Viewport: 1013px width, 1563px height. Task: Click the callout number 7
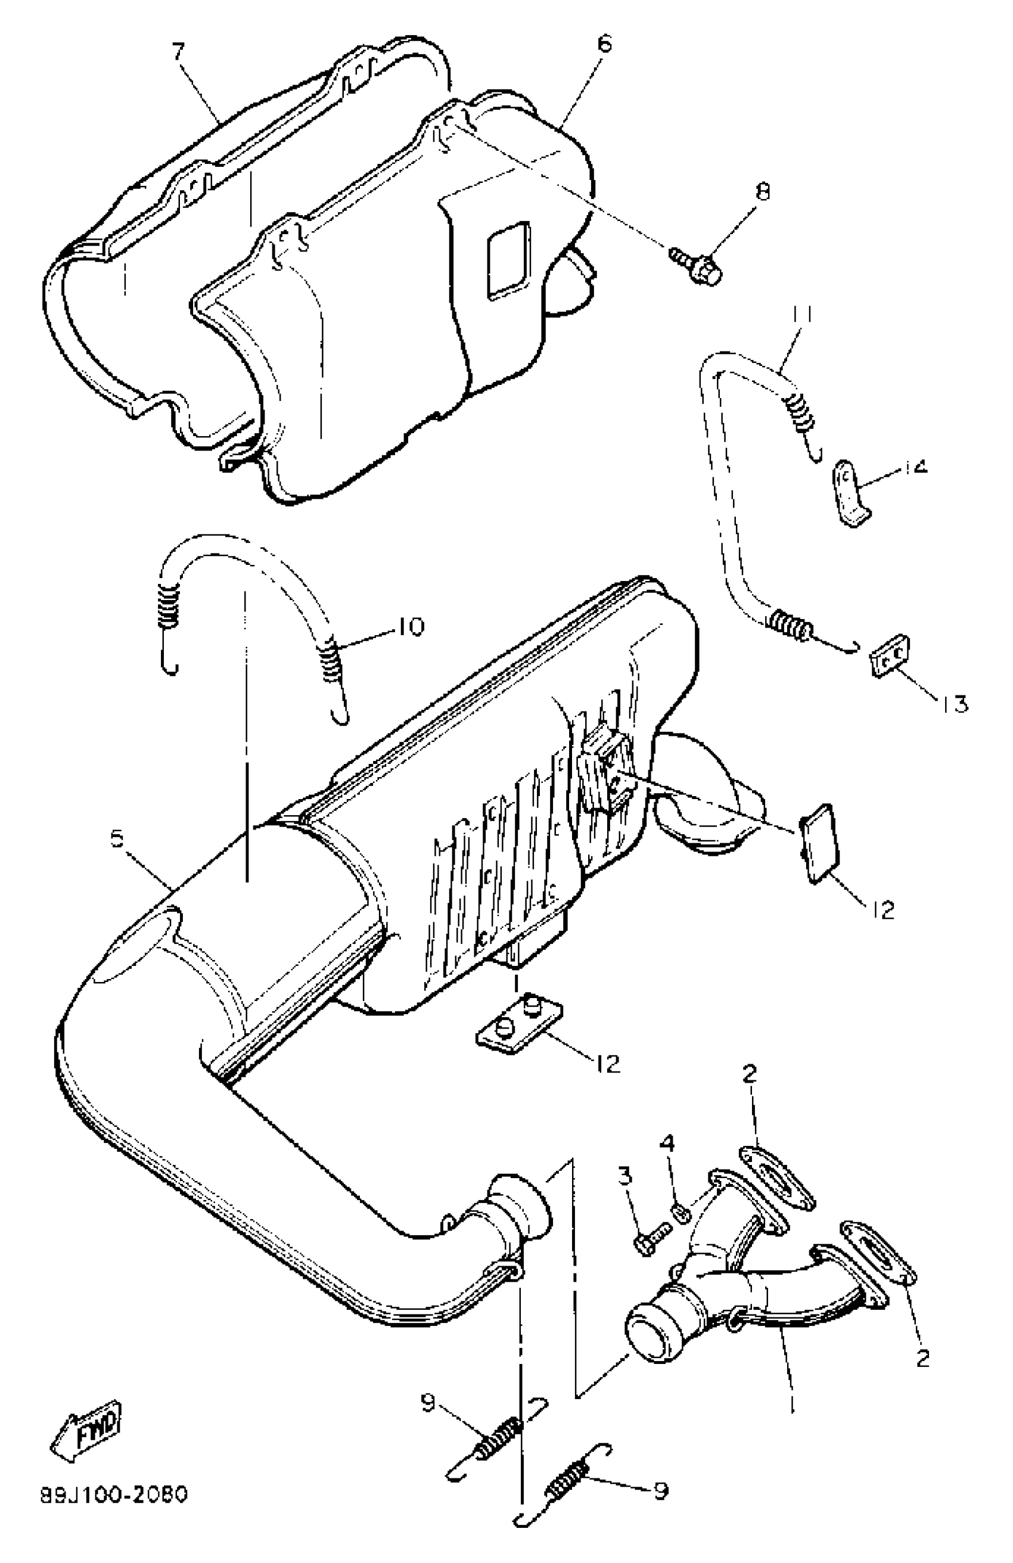point(179,51)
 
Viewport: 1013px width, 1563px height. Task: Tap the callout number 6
point(604,45)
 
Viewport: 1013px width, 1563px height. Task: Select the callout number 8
point(762,192)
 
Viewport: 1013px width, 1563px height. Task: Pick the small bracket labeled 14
point(852,494)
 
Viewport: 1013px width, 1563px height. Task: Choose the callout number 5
point(117,838)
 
